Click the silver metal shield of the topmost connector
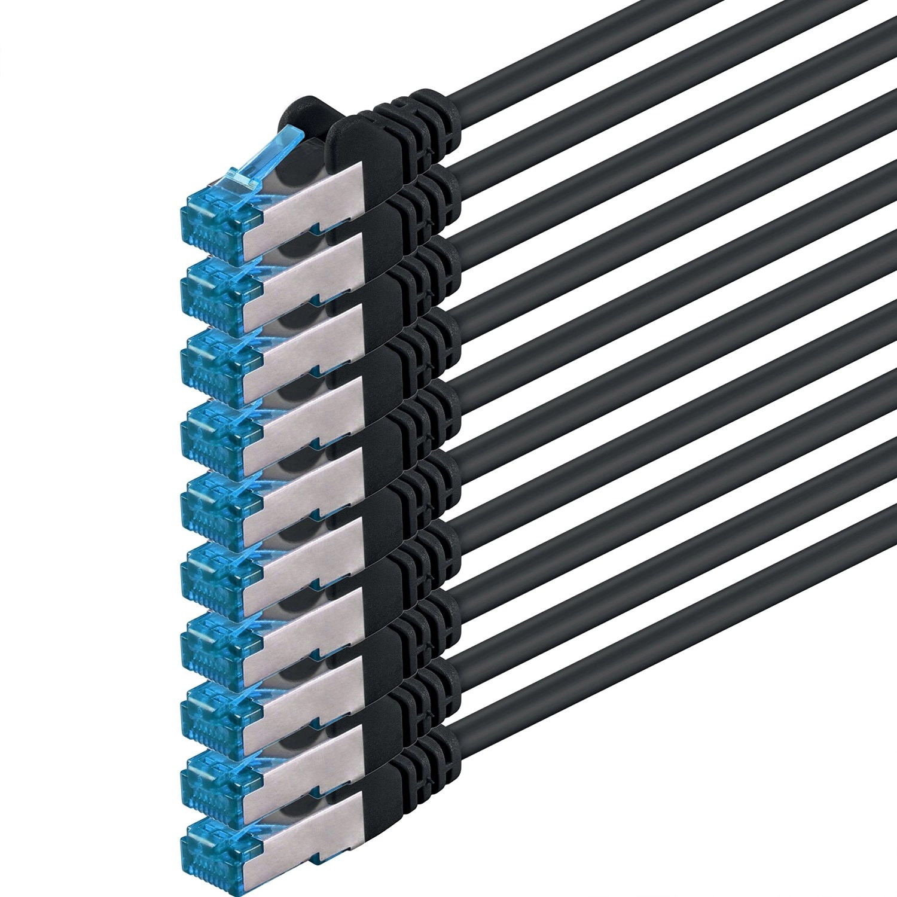(311, 197)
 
